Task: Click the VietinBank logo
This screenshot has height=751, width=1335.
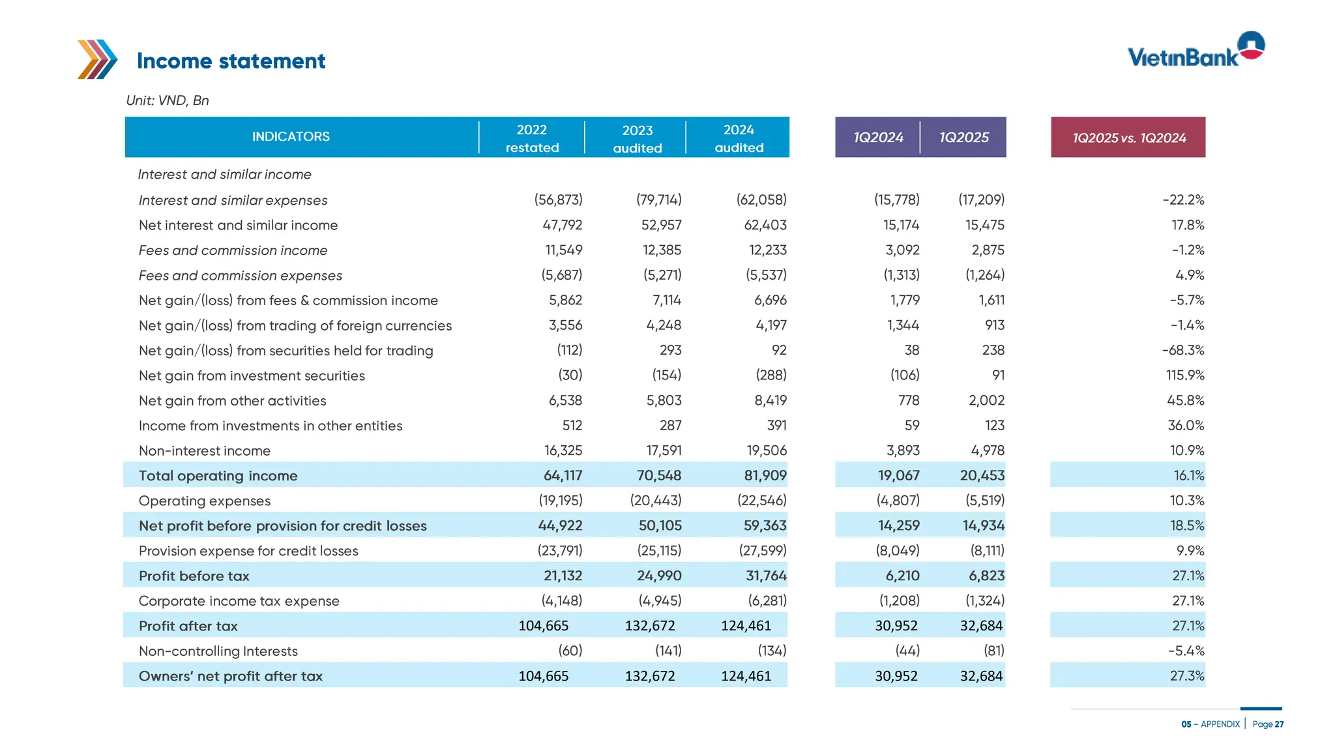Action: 1196,51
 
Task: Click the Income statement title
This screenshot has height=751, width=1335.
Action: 231,61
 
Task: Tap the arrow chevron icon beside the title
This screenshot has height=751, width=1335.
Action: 97,59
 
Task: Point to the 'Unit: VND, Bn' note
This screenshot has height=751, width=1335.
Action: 168,100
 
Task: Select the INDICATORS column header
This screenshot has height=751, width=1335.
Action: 291,137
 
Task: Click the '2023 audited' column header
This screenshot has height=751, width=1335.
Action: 637,139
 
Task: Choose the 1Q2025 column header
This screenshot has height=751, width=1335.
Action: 963,138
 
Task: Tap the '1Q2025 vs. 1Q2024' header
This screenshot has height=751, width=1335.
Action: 1128,138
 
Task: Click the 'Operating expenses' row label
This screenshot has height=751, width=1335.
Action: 205,501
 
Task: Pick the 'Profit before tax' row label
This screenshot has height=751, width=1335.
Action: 194,576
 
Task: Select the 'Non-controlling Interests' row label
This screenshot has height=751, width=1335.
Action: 218,651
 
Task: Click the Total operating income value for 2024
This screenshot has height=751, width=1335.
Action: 765,475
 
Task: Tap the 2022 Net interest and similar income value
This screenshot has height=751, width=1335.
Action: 562,225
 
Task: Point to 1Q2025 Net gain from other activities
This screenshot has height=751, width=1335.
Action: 986,400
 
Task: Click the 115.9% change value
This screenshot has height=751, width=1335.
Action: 1184,375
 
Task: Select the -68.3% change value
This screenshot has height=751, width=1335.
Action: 1182,350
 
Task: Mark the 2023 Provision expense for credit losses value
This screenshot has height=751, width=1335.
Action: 659,550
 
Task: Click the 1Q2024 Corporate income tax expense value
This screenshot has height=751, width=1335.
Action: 899,600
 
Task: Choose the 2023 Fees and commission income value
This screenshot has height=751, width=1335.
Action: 662,250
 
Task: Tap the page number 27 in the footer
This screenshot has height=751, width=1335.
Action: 1279,724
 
